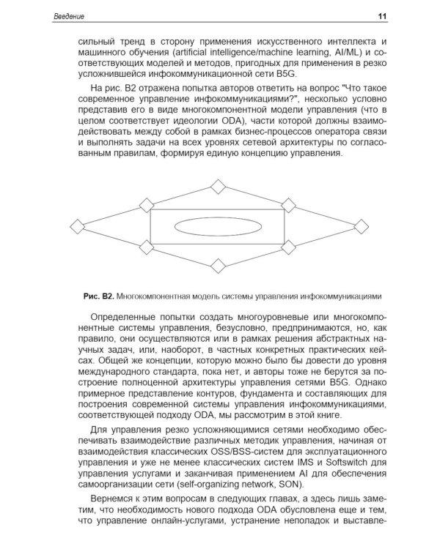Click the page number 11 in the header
coord(382,16)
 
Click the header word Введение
coord(70,16)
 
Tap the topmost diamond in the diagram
coord(218,186)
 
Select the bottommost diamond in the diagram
coord(218,265)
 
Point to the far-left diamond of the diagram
coord(77,226)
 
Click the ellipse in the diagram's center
coord(218,226)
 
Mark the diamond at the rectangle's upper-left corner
coord(147,205)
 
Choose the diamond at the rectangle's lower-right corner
coord(288,247)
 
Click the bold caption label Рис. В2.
coord(98,296)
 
